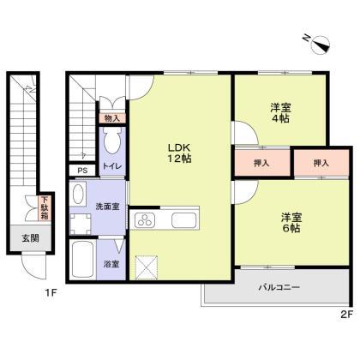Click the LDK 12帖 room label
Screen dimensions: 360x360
(x=178, y=151)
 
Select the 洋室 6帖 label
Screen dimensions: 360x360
(x=288, y=223)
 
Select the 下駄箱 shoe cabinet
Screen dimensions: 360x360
(x=45, y=208)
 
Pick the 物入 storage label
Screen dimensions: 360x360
(x=112, y=117)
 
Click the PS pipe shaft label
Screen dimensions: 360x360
(x=82, y=171)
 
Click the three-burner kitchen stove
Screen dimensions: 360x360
(x=144, y=220)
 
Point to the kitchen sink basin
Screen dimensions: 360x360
(x=183, y=220)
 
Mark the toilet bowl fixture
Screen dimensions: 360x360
(x=111, y=141)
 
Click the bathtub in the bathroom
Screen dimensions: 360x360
(x=84, y=259)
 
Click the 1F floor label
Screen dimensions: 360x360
(x=51, y=295)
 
